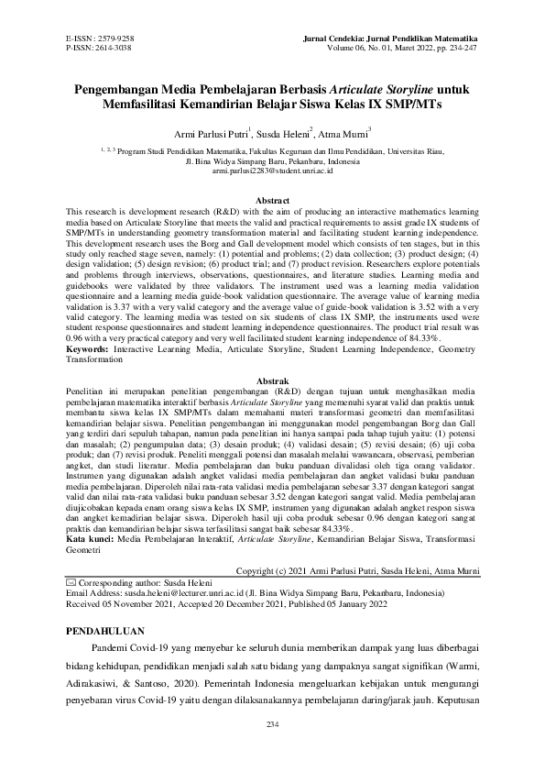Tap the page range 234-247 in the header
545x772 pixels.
pos(455,46)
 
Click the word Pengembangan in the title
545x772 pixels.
pos(124,89)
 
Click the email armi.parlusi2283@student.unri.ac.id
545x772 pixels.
pos(272,171)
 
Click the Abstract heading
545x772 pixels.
pos(272,200)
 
